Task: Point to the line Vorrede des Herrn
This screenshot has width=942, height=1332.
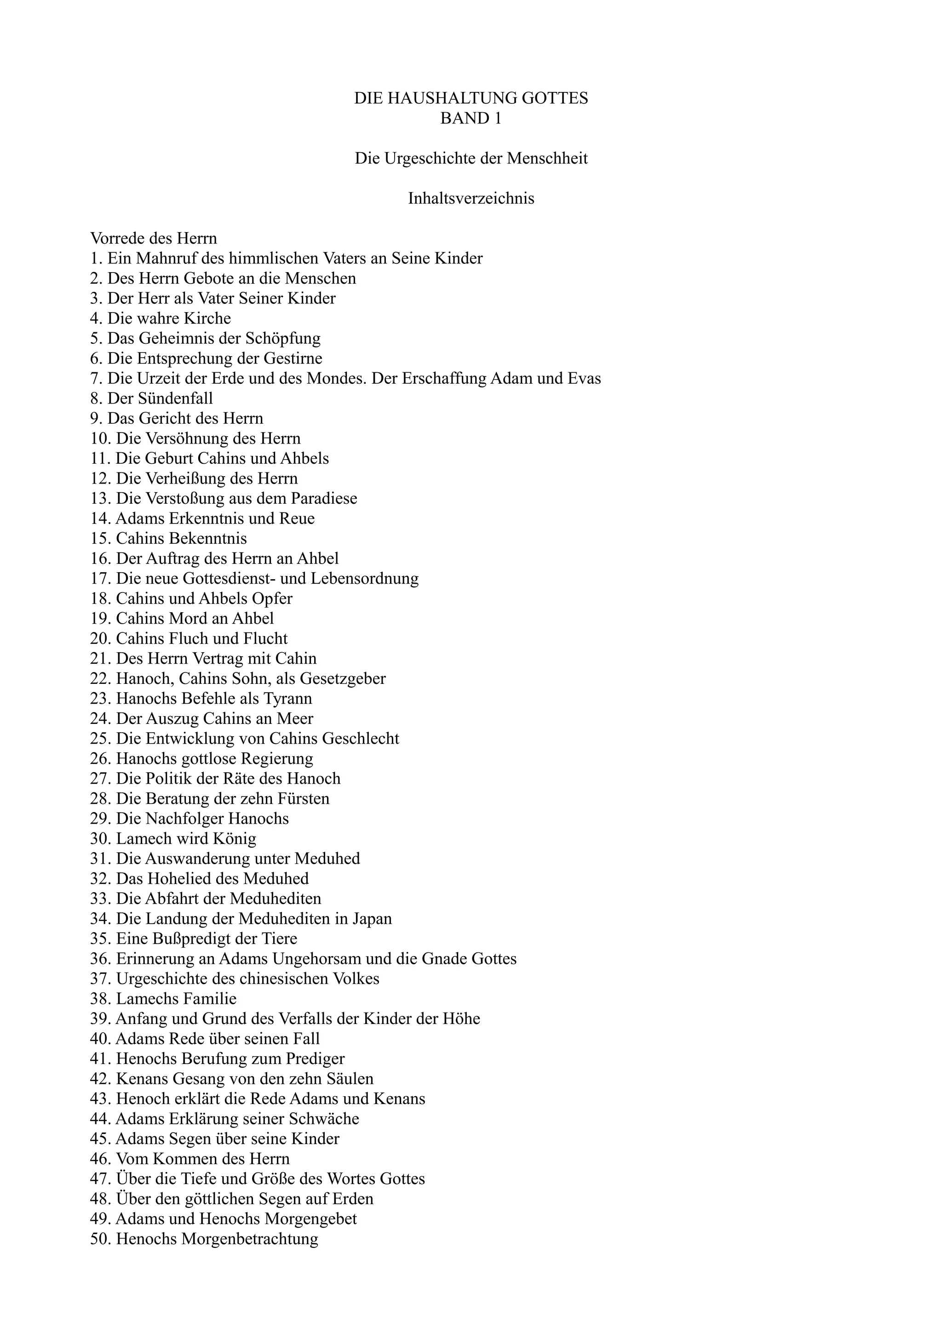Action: click(153, 239)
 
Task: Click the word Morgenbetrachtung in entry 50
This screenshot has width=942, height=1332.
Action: click(250, 1239)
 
